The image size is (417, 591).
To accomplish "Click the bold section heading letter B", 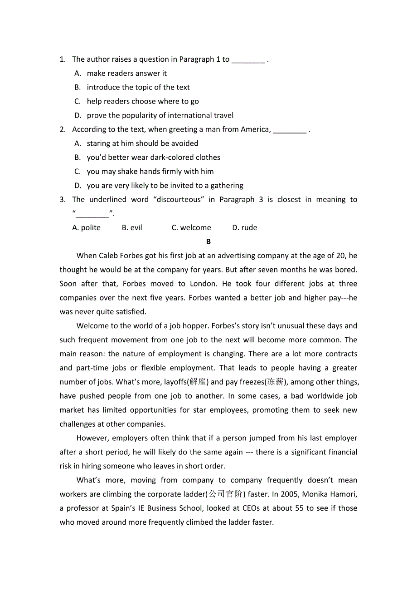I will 208,242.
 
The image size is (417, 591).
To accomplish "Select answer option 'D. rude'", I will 244,228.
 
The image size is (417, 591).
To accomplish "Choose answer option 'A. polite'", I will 87,228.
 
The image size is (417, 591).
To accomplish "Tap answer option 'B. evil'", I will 132,228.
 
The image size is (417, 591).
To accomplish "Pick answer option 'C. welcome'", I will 191,228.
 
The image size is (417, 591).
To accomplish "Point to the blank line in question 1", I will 248,60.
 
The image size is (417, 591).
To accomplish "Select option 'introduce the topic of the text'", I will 138,87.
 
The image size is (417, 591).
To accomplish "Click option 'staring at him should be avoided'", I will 142,143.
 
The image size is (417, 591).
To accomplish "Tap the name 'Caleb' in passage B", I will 108,256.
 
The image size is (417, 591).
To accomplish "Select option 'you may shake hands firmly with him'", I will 150,172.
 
